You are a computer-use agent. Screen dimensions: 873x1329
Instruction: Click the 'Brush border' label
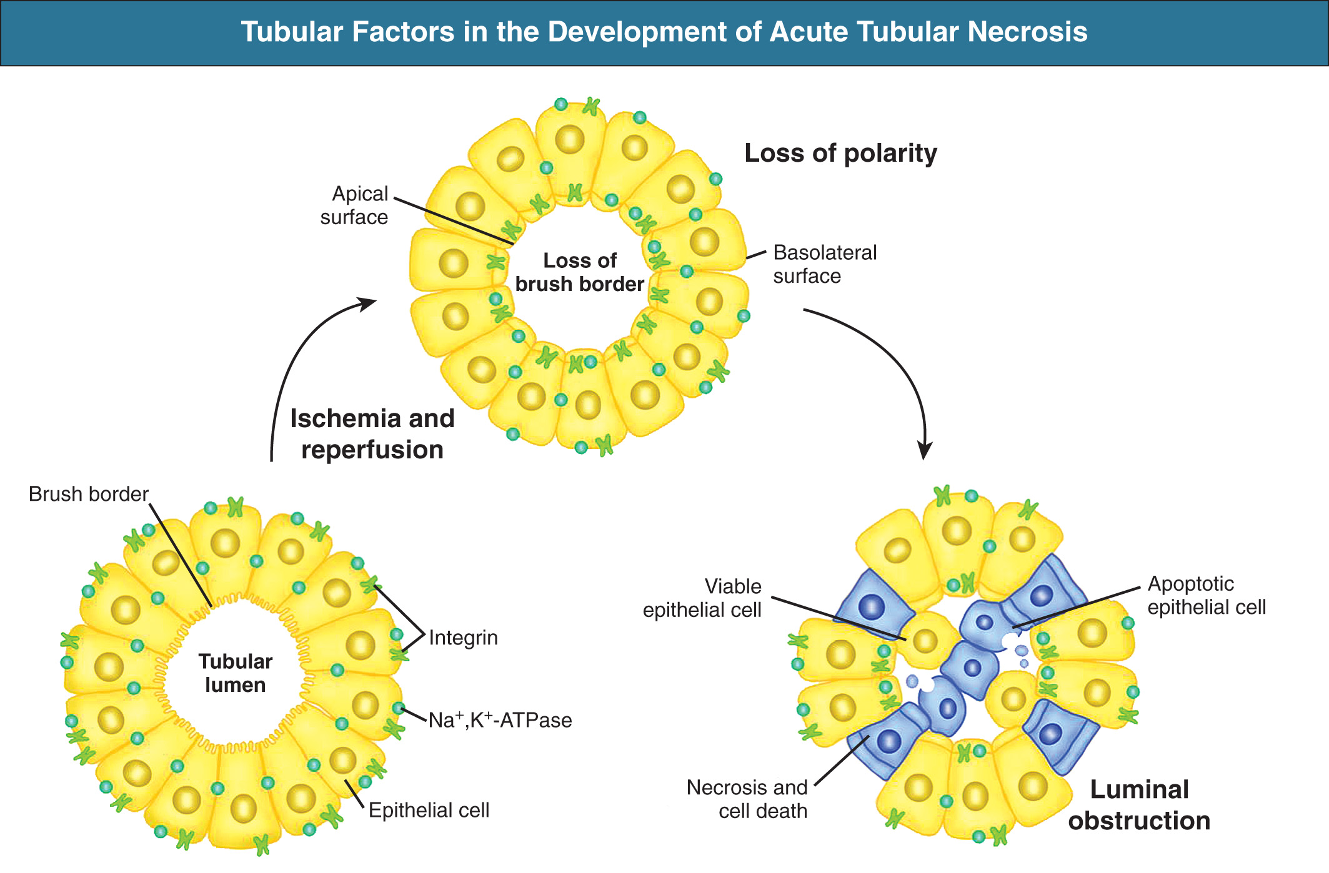[88, 494]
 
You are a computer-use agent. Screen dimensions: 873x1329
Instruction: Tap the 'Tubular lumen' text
[235, 673]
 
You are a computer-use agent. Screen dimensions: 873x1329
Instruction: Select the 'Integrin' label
[463, 638]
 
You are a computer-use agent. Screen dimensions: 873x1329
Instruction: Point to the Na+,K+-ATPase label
[500, 720]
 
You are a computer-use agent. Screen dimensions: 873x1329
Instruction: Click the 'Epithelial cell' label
[429, 810]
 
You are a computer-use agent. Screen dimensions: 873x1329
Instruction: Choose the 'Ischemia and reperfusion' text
[372, 434]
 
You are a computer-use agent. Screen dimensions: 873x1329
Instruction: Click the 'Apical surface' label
[354, 205]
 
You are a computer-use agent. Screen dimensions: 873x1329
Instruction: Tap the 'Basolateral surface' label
[825, 264]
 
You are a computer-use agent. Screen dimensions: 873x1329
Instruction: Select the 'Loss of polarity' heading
[840, 153]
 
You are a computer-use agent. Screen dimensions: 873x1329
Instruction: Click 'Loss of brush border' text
[579, 272]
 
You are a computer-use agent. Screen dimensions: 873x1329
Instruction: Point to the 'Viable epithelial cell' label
[702, 598]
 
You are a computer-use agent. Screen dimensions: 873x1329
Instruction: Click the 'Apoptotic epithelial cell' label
[1206, 595]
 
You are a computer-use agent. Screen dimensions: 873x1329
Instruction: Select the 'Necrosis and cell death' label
[747, 799]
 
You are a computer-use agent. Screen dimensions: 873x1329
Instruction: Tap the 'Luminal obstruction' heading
[1139, 805]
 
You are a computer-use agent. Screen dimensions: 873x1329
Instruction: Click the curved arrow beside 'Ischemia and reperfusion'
[294, 362]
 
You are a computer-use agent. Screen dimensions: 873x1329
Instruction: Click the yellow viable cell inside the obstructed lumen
[925, 640]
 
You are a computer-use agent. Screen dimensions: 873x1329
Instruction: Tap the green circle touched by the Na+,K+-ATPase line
[399, 708]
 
